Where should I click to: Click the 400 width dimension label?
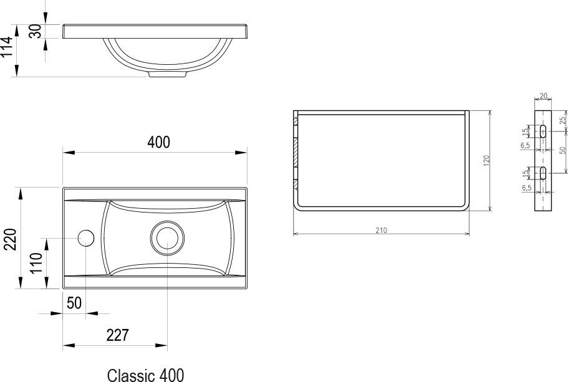coord(158,142)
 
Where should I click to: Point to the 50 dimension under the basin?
coord(74,303)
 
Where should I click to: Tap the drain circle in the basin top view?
coord(166,238)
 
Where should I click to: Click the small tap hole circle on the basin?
coord(85,238)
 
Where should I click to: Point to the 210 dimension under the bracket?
coord(381,230)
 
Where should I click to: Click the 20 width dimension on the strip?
coord(543,96)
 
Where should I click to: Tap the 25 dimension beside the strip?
coord(562,120)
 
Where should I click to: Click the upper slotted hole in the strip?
coord(544,131)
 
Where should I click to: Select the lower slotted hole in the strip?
coord(544,173)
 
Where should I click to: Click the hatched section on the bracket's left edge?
coord(296,152)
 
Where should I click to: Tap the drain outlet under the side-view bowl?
coord(167,74)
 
